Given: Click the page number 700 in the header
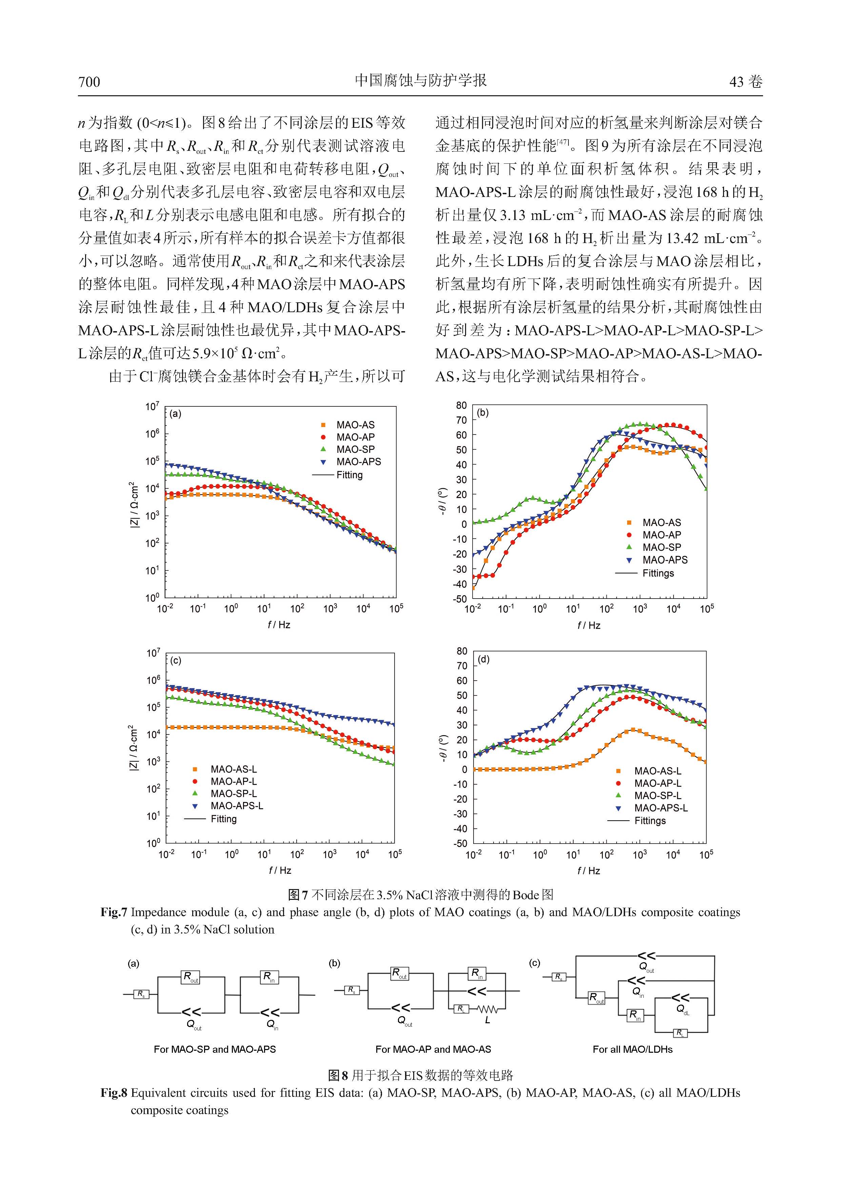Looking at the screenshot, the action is point(89,82).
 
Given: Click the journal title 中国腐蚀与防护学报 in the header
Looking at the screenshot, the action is point(420,80).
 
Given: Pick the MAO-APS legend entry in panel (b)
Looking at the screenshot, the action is point(657,560).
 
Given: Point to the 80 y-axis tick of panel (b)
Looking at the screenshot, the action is point(461,405).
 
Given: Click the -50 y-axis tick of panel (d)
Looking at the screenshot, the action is point(460,843).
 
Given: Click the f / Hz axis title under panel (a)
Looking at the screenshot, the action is point(279,625).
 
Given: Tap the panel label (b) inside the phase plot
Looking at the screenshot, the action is point(483,413).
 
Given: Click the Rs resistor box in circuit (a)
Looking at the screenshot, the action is point(141,994).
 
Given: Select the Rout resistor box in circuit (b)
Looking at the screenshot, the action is point(400,973).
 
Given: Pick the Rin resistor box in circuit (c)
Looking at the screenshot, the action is point(635,1015).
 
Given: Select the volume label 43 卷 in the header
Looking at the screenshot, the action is point(746,82).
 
